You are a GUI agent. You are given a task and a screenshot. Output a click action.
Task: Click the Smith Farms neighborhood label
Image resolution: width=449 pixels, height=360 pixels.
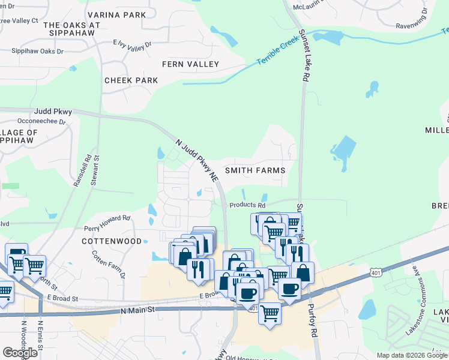(255, 170)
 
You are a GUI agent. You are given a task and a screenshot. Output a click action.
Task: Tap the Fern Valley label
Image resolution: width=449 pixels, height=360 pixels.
(190, 64)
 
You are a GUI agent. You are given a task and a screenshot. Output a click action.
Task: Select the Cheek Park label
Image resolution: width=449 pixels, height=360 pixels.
(131, 80)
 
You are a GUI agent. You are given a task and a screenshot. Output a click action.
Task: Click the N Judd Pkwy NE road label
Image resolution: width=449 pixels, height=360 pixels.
(196, 161)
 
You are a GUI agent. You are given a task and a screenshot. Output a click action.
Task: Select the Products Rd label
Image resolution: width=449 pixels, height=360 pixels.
(247, 205)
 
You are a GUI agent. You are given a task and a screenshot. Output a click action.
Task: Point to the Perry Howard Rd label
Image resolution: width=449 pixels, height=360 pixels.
(107, 223)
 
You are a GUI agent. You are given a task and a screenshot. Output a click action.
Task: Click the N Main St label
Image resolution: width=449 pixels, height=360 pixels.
(137, 310)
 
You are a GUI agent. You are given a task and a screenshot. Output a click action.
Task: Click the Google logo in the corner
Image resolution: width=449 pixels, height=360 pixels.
(20, 353)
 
